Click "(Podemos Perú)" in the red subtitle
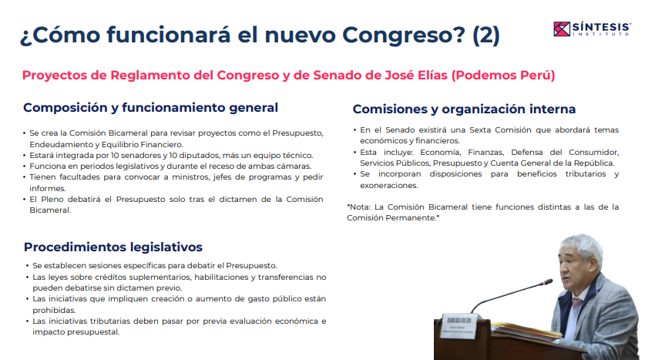[x=502, y=76]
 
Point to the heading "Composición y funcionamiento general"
[x=150, y=108]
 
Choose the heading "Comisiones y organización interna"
[x=464, y=109]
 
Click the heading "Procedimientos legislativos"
[x=113, y=247]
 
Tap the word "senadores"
[x=124, y=155]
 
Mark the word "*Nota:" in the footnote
[x=360, y=207]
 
